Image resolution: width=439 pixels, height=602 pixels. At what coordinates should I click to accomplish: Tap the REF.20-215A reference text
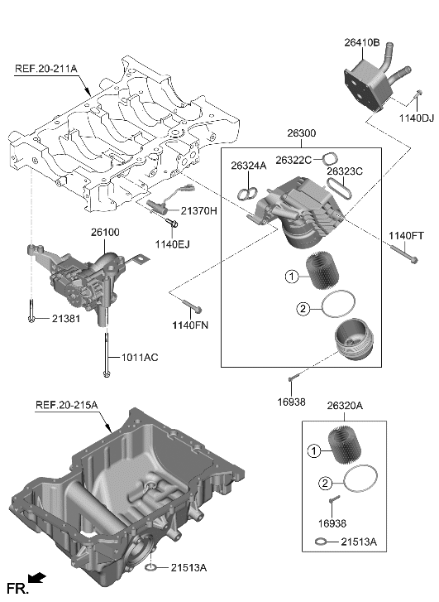tap(66, 405)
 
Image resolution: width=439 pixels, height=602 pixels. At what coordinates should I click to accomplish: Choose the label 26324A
tap(248, 166)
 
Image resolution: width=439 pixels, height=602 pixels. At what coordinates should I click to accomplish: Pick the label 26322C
tap(293, 160)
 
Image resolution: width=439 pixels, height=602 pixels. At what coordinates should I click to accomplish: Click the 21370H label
tap(199, 211)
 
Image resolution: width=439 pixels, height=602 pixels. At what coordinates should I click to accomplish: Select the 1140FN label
tap(191, 325)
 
